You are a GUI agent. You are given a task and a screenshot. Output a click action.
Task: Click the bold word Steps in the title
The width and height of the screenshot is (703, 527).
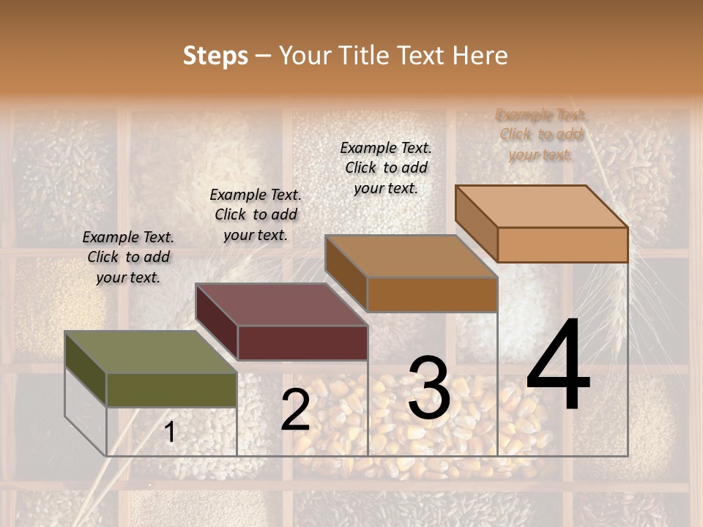[x=215, y=56]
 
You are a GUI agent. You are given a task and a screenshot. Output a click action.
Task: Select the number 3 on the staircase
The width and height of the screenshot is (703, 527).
[x=429, y=388]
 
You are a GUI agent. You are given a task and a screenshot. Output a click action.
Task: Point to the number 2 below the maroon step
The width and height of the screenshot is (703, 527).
[x=295, y=410]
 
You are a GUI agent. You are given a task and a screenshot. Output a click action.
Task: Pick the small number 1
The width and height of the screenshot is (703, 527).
[x=170, y=433]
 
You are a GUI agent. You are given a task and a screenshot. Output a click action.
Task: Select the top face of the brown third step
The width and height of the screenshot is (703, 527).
[x=411, y=256]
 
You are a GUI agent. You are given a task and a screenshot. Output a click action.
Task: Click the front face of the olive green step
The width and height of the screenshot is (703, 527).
[x=171, y=389]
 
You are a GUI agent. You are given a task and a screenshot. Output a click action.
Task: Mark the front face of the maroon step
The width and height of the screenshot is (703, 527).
[x=302, y=343]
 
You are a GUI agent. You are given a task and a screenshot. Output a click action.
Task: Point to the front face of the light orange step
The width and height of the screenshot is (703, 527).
[x=562, y=244]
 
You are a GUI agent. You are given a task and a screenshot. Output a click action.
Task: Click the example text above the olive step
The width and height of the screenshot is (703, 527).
[x=128, y=257]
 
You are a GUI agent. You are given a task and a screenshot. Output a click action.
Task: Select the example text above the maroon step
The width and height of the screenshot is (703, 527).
[x=256, y=214]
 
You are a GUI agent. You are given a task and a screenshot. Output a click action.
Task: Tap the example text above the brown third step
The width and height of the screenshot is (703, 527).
[x=386, y=168]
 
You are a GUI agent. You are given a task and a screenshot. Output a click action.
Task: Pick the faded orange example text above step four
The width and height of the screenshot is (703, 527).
[x=541, y=135]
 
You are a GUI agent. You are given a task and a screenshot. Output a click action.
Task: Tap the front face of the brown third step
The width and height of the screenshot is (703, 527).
[x=432, y=294]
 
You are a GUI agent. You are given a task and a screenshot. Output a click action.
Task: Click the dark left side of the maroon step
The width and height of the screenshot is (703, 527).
[x=217, y=322]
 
